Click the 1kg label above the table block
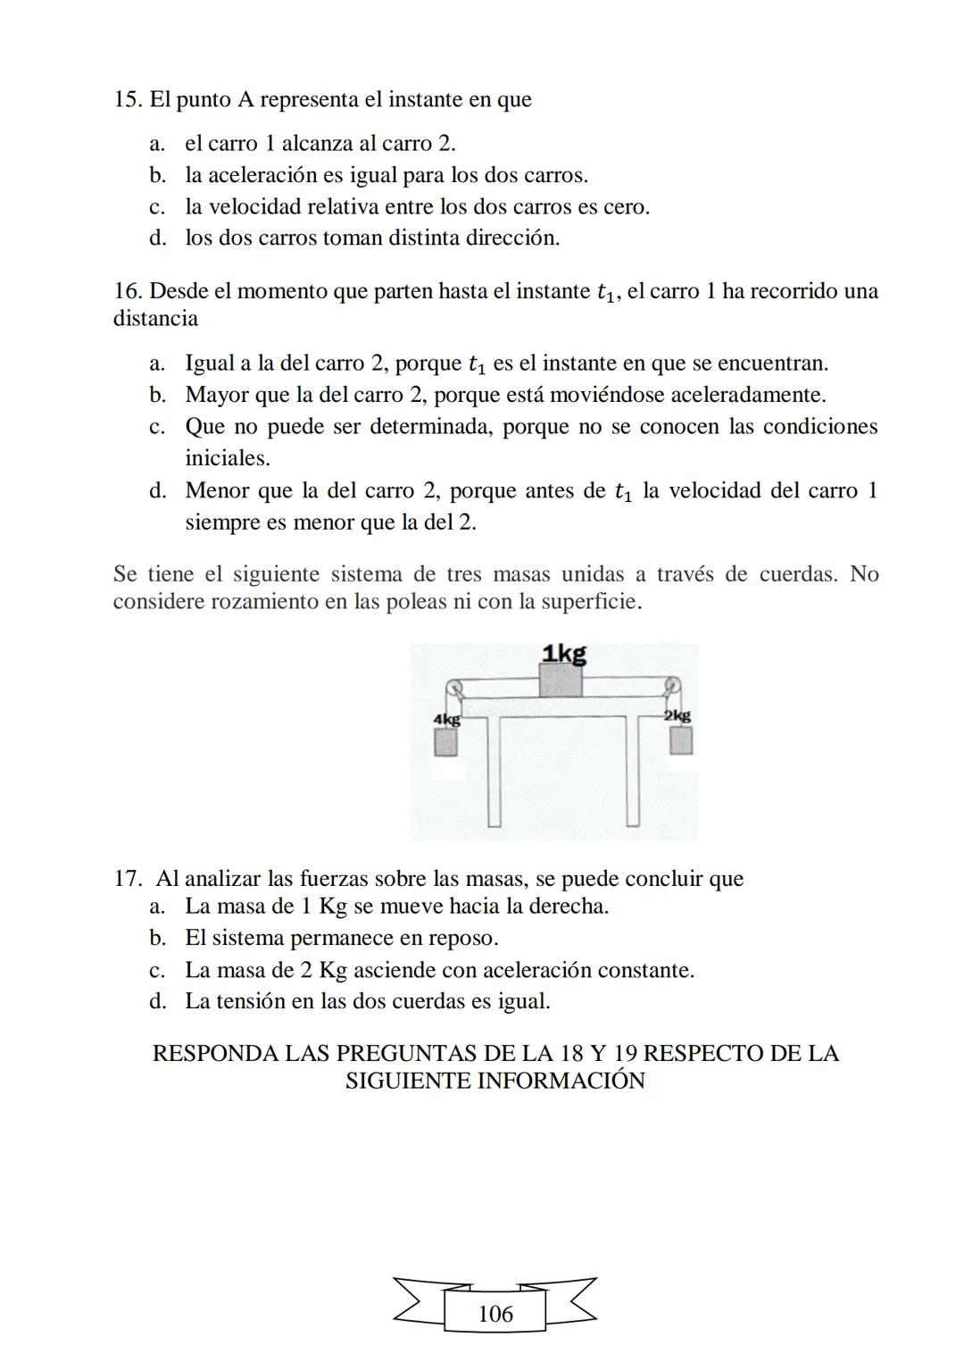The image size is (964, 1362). click(x=564, y=654)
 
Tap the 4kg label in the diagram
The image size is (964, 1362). click(x=446, y=719)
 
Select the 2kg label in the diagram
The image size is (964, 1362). click(x=677, y=715)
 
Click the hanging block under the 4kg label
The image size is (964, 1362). click(x=445, y=742)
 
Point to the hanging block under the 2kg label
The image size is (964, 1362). click(x=681, y=740)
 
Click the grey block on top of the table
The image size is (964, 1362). click(x=561, y=681)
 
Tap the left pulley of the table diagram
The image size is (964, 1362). click(x=454, y=687)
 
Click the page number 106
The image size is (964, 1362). click(x=495, y=1314)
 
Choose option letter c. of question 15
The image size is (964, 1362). click(x=157, y=207)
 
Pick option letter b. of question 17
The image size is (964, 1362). click(x=157, y=939)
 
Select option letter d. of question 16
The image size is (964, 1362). click(x=157, y=491)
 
